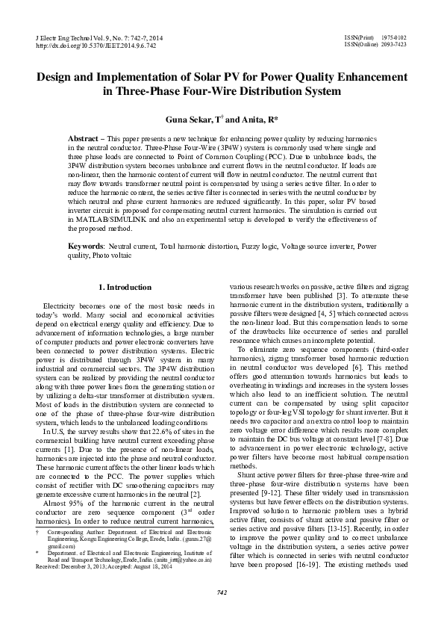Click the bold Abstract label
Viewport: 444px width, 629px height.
pos(85,140)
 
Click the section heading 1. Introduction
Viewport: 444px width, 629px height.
pos(125,287)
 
